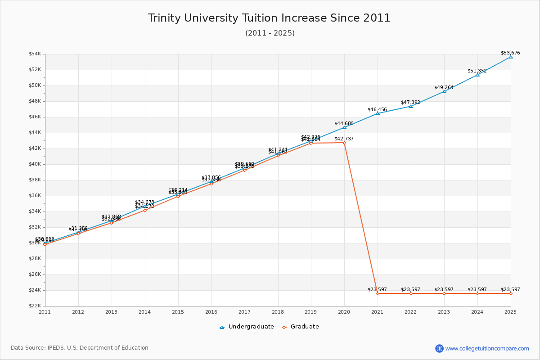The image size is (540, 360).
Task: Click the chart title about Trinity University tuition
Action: [269, 18]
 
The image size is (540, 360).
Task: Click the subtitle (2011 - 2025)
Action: [270, 33]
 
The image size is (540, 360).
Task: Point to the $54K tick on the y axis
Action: [35, 54]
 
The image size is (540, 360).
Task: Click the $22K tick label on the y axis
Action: [35, 306]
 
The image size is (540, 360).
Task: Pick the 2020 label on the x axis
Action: [344, 311]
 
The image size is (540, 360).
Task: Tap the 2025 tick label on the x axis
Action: [510, 311]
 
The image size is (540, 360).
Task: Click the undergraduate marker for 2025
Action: [511, 57]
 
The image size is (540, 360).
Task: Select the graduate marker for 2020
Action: [344, 143]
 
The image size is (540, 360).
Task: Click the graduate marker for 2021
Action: [378, 293]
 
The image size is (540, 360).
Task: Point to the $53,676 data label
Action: [510, 53]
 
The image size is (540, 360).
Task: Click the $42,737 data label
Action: [344, 139]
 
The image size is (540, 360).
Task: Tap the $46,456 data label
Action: [377, 109]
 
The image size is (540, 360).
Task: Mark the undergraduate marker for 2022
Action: [411, 106]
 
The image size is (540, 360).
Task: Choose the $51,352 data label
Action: [477, 71]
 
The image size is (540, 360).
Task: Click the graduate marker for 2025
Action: [511, 293]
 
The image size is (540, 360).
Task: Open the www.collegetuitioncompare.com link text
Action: [487, 348]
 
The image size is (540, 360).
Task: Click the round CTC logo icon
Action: [439, 348]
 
